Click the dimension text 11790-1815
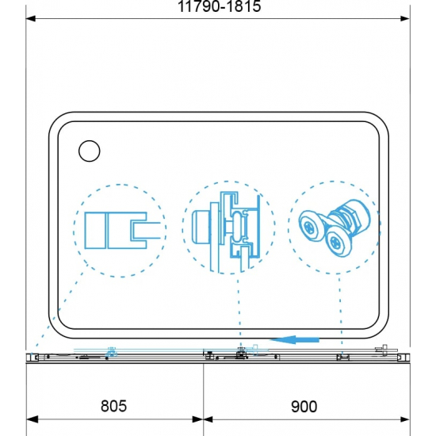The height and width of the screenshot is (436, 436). (x=220, y=6)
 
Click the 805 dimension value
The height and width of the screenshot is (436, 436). (x=113, y=406)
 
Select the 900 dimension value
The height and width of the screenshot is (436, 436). (x=304, y=407)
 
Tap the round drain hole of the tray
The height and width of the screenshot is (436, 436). (x=90, y=151)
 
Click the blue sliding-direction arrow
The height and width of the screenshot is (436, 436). (x=294, y=339)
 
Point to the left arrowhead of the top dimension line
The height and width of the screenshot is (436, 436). (x=31, y=19)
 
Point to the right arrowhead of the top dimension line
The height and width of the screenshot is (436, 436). (x=405, y=19)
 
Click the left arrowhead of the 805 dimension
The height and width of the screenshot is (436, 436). (x=32, y=419)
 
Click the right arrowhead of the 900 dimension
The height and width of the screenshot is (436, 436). (x=404, y=419)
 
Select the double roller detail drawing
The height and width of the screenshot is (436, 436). (x=335, y=228)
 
